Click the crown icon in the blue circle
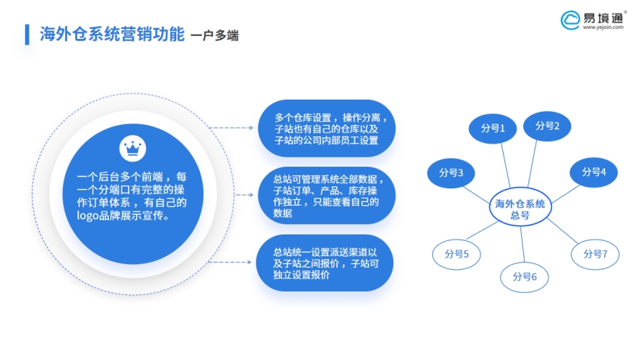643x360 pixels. pyautogui.click(x=133, y=149)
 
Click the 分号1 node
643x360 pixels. pyautogui.click(x=492, y=128)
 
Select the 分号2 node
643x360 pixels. pyautogui.click(x=547, y=126)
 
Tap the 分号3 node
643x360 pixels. pyautogui.click(x=451, y=173)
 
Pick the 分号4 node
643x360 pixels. pyautogui.click(x=593, y=172)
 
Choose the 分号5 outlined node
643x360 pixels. pyautogui.click(x=456, y=254)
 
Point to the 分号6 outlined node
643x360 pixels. pyautogui.click(x=525, y=277)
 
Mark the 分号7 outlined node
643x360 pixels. pyautogui.click(x=595, y=254)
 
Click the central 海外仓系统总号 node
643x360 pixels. pyautogui.click(x=520, y=207)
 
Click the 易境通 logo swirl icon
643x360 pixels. pyautogui.click(x=570, y=20)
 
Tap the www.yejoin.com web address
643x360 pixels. pyautogui.click(x=603, y=27)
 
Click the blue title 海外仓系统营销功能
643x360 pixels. pyautogui.click(x=112, y=34)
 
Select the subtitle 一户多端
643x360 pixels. pyautogui.click(x=214, y=35)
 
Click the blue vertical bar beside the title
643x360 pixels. pyautogui.click(x=27, y=35)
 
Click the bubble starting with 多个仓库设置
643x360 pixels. pyautogui.click(x=327, y=128)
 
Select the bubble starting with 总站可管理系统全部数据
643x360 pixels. pyautogui.click(x=327, y=196)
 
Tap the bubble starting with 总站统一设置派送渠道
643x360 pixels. pyautogui.click(x=325, y=263)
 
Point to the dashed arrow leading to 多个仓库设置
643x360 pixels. pyautogui.click(x=231, y=128)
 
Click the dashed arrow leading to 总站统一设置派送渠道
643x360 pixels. pyautogui.click(x=229, y=262)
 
